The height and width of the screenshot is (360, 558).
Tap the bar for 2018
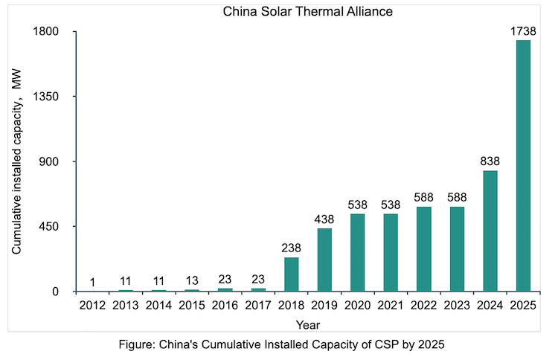[x=291, y=274]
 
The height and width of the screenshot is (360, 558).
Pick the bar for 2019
[x=324, y=260]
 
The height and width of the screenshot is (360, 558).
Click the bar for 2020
[x=357, y=252]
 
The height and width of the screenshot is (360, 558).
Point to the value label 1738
[x=523, y=31]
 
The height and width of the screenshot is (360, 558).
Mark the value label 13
[x=192, y=280]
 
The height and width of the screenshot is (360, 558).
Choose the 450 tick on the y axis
[x=57, y=226]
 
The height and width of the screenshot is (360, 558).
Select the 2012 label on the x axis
[x=92, y=304]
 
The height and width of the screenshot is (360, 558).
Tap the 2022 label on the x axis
[x=423, y=304]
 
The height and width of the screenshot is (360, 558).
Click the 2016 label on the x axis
[x=225, y=304]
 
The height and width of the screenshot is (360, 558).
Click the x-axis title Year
[x=307, y=324]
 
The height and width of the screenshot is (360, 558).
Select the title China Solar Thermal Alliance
[x=307, y=11]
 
